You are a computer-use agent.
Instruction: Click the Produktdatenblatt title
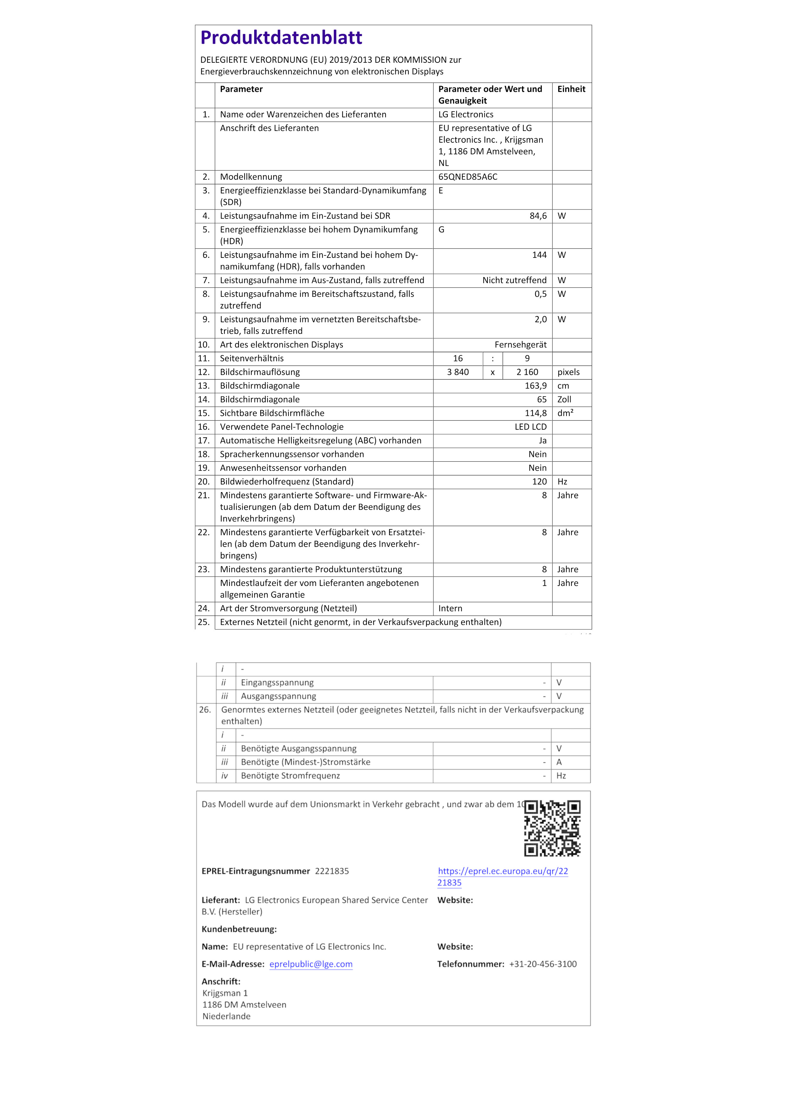pos(281,38)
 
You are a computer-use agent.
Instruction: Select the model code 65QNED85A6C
pos(468,177)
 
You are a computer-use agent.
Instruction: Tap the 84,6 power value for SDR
pos(538,216)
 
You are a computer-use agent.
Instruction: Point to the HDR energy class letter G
pos(441,230)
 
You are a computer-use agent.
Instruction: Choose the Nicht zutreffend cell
pos(514,280)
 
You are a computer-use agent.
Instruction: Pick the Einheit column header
pos(571,89)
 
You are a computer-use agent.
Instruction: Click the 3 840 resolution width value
pos(458,372)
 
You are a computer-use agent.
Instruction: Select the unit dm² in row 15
pos(565,413)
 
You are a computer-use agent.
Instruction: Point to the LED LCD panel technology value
pos(530,427)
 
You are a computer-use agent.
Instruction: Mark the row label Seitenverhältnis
pos(252,358)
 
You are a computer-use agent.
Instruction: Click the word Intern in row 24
pos(450,608)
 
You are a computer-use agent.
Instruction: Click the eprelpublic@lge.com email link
pos(311,964)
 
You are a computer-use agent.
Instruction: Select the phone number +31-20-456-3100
pos(543,964)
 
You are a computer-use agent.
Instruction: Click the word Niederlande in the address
pos(226,1016)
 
